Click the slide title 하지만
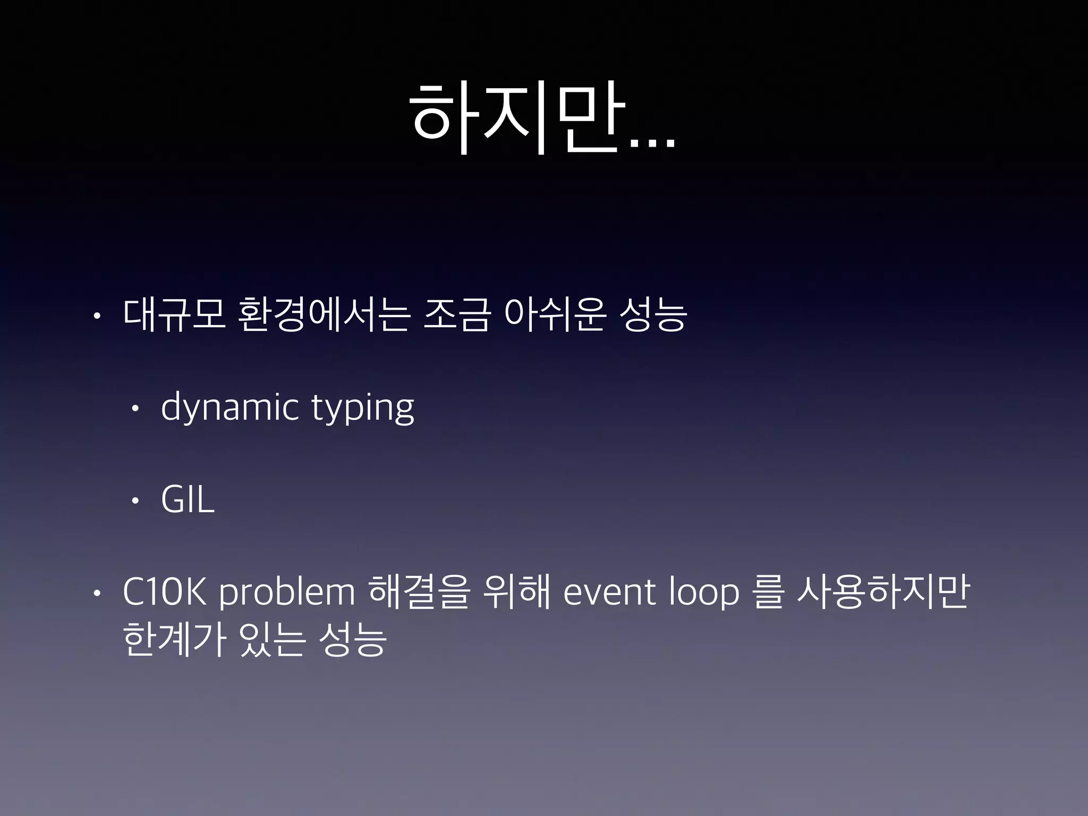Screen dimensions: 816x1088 (x=518, y=118)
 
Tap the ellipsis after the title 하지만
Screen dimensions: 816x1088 (x=652, y=143)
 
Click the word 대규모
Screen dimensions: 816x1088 (x=174, y=316)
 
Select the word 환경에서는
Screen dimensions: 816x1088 (x=325, y=316)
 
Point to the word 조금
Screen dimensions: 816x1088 (x=456, y=316)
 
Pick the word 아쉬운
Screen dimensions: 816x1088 (x=555, y=316)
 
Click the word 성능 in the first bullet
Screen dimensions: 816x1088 (x=653, y=316)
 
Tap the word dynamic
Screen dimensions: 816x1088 (x=229, y=408)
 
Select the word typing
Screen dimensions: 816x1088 (x=362, y=408)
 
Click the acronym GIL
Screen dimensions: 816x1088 (x=188, y=500)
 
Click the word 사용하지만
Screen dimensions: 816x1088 (x=883, y=592)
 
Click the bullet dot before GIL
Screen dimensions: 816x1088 (x=135, y=501)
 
